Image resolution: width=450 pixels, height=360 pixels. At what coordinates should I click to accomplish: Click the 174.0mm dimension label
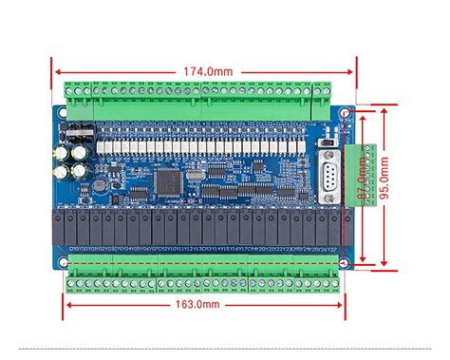point(205,70)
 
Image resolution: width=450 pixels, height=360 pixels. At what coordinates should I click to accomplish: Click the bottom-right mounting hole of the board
point(344,255)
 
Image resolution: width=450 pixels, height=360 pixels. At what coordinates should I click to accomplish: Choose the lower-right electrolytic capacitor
point(80,171)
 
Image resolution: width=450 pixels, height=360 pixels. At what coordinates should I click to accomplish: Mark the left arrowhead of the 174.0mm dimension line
point(56,70)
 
